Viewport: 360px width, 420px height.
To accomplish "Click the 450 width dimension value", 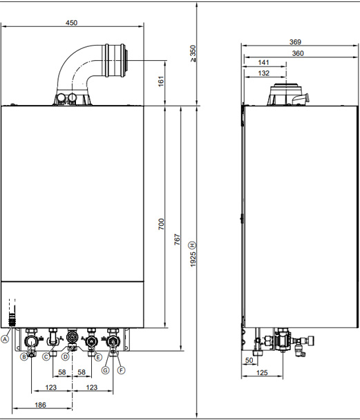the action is [x=72, y=23].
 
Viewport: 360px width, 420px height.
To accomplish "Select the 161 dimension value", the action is [x=161, y=82].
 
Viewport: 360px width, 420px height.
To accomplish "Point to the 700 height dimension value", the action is [x=161, y=224].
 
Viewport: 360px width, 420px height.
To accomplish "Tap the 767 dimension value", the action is [x=178, y=239].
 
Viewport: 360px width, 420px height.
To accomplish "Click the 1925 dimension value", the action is [x=193, y=259].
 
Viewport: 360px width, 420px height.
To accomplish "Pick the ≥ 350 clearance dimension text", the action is [x=193, y=54].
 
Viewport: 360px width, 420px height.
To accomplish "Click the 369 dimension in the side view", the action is [x=295, y=41].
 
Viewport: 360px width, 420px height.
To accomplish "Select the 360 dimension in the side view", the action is [x=298, y=53].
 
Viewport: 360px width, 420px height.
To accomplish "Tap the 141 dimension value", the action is [x=263, y=62].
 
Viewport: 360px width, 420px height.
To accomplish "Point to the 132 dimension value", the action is [x=263, y=73].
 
